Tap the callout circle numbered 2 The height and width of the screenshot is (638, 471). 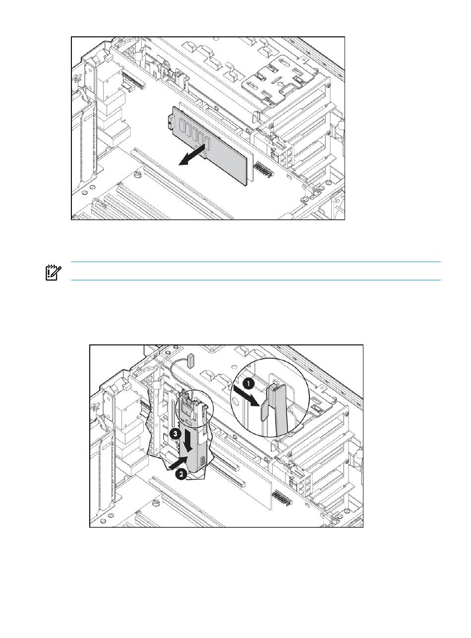pyautogui.click(x=181, y=474)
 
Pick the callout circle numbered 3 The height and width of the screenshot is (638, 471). pyautogui.click(x=175, y=433)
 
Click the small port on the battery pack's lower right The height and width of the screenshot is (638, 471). pyautogui.click(x=202, y=463)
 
